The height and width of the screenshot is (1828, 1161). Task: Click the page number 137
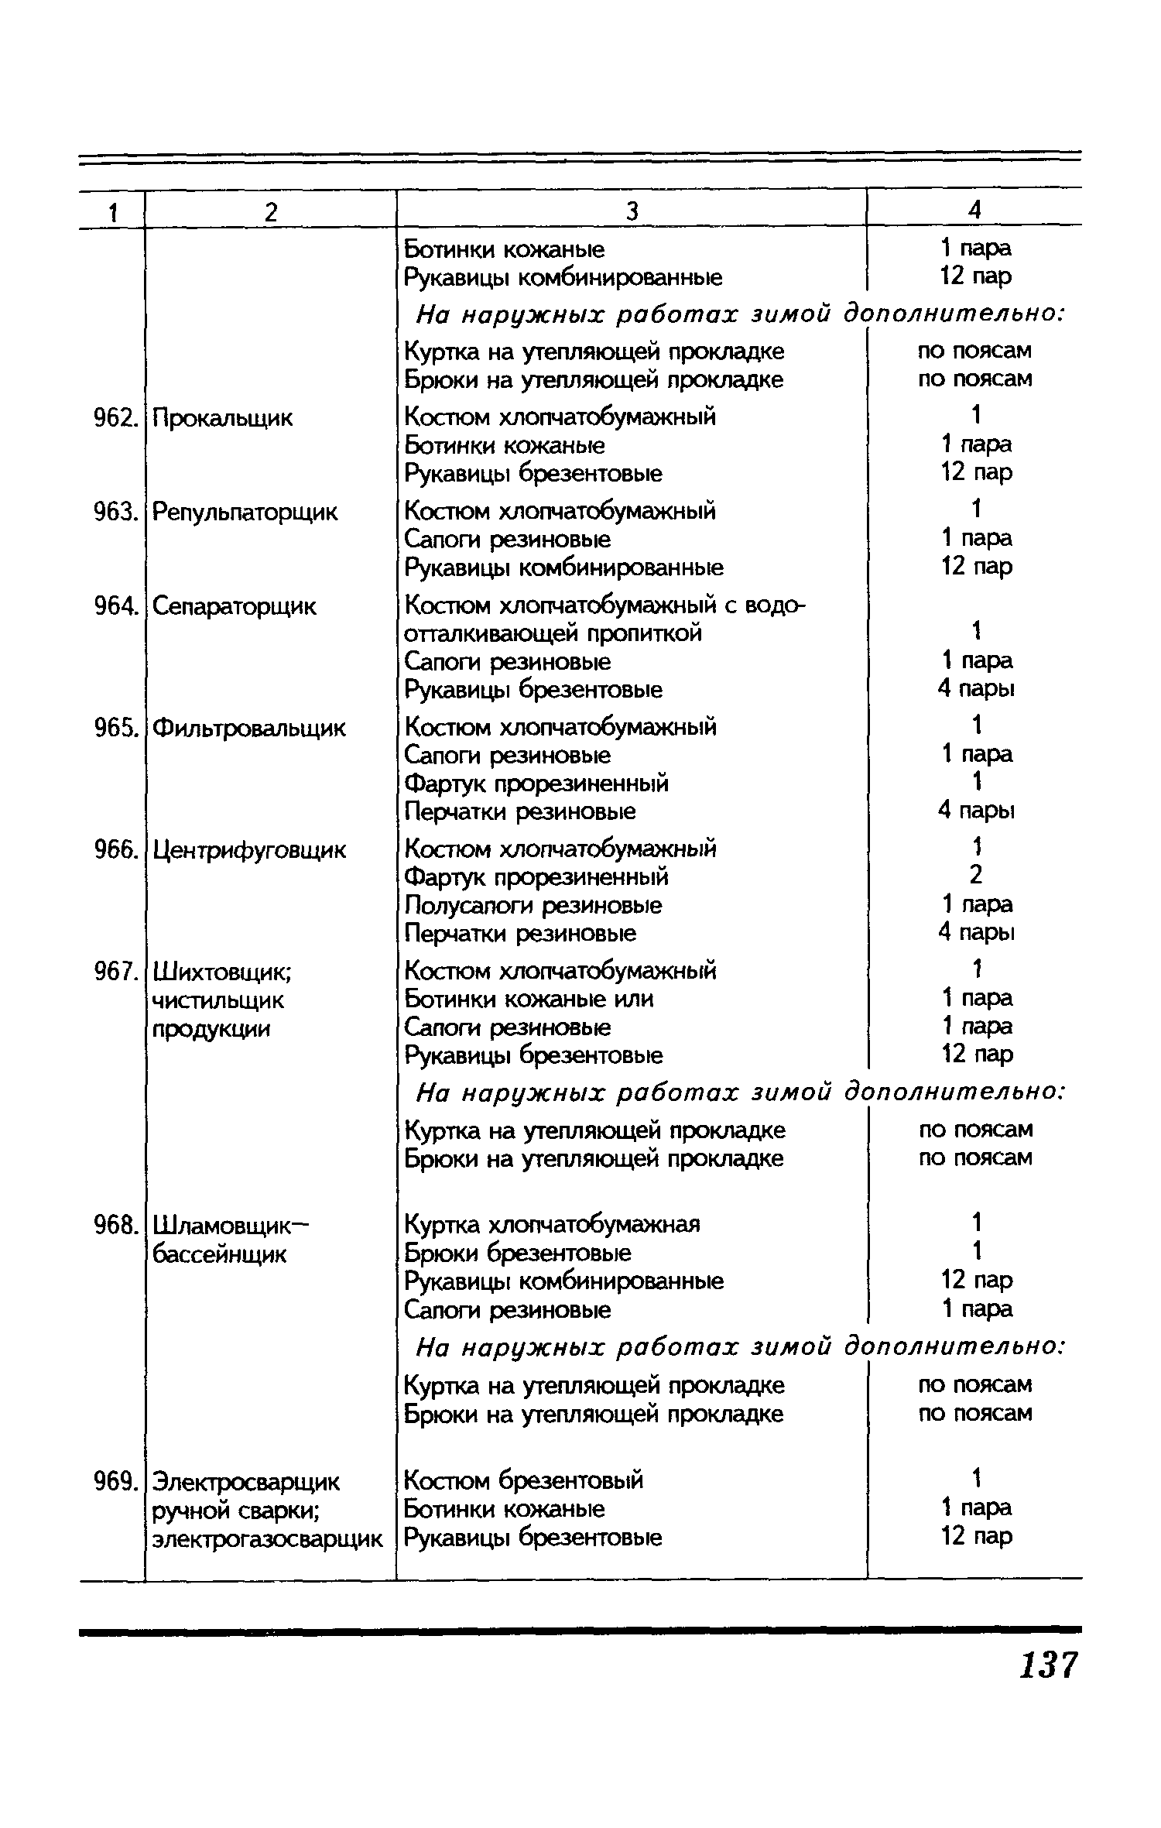pos(1048,1665)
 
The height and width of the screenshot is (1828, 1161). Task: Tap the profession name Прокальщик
pos(223,419)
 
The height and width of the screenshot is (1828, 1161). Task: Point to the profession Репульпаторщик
pos(245,513)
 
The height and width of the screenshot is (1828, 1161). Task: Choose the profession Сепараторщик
pos(234,606)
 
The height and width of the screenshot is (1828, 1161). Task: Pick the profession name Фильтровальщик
pos(248,729)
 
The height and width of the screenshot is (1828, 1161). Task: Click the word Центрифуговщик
pos(249,851)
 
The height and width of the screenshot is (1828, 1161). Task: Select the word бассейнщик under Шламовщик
pos(219,1254)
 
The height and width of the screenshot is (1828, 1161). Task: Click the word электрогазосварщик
pos(267,1538)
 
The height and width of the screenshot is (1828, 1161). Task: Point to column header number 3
pos(632,211)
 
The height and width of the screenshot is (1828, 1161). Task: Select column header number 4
pos(974,210)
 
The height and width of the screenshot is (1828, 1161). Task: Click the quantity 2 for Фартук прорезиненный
pos(975,876)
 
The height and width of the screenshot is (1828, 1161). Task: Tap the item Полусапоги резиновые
pos(533,905)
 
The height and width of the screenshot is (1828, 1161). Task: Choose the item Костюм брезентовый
pos(524,1480)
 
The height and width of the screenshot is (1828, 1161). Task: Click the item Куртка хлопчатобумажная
pos(552,1224)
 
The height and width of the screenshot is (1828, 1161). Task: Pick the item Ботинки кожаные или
pos(529,999)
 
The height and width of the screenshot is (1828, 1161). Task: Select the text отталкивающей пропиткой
pos(553,633)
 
